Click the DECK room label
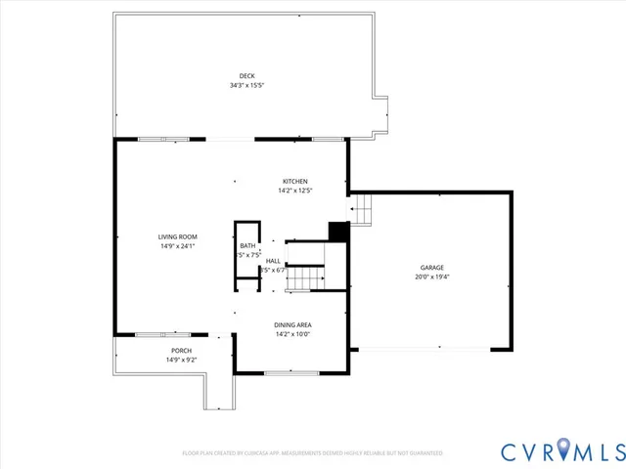click(x=246, y=76)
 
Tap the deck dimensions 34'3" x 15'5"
click(x=246, y=85)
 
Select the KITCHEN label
click(x=295, y=182)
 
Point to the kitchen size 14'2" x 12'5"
click(x=295, y=191)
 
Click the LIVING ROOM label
click(x=178, y=237)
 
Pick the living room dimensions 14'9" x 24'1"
click(x=178, y=246)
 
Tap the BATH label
click(x=247, y=246)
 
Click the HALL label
click(x=273, y=261)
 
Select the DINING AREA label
click(x=292, y=325)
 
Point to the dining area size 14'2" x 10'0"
click(x=292, y=334)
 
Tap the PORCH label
click(x=181, y=351)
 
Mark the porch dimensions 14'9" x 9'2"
click(x=181, y=360)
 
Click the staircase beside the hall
click(x=305, y=277)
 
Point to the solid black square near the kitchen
click(x=338, y=232)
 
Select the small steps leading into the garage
click(x=363, y=209)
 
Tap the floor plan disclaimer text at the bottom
click(x=312, y=453)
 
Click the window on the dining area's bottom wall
click(x=291, y=372)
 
